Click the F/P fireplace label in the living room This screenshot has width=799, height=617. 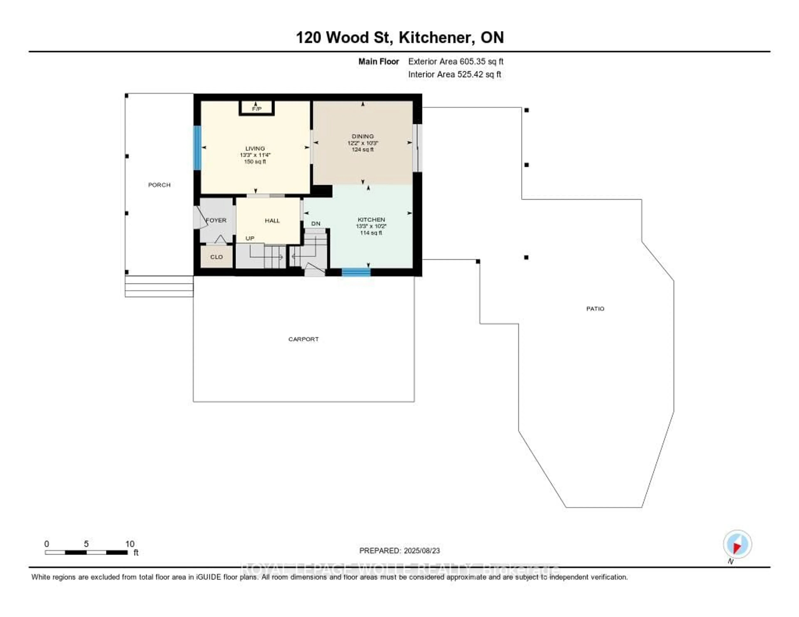(x=257, y=109)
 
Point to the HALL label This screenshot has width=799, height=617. (x=272, y=221)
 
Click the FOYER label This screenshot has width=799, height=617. (x=216, y=220)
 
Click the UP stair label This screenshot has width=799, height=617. (x=250, y=238)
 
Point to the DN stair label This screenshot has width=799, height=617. (x=316, y=223)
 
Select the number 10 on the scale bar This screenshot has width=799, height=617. (x=130, y=544)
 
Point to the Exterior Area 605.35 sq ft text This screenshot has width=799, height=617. (x=455, y=61)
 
